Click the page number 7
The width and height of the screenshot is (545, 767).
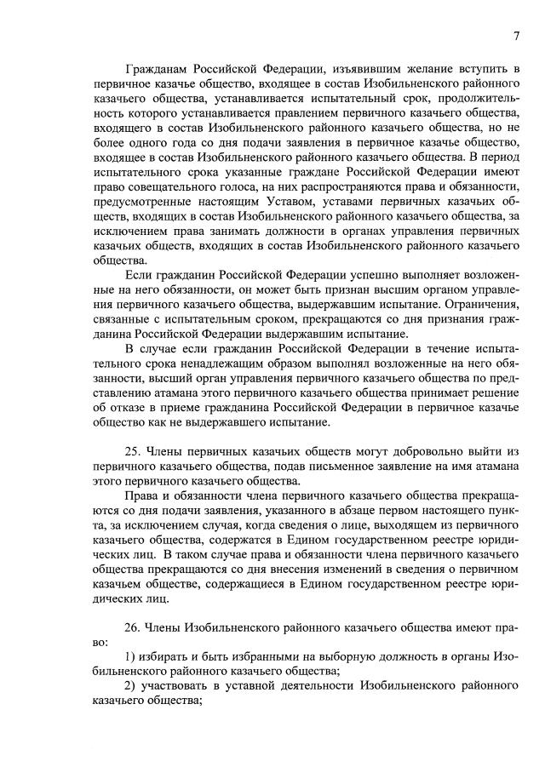[x=516, y=35]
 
